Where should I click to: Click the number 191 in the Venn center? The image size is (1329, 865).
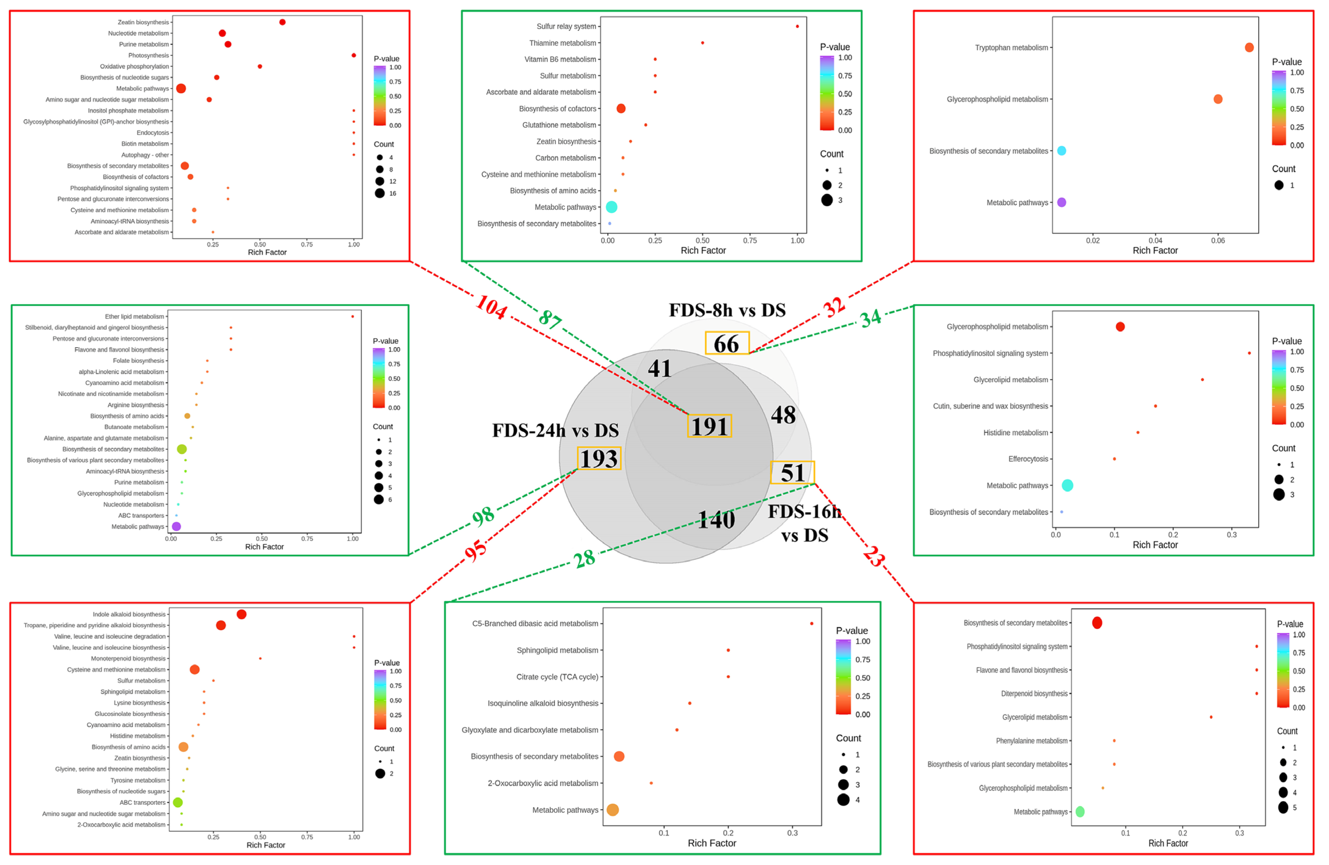point(709,426)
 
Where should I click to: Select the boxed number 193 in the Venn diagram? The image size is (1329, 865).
point(599,459)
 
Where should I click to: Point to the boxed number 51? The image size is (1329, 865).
point(793,473)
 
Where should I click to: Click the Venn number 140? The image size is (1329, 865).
point(717,520)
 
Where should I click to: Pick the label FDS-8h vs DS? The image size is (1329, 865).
point(727,310)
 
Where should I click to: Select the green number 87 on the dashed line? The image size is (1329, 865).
point(550,319)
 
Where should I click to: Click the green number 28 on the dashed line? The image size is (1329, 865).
point(584,559)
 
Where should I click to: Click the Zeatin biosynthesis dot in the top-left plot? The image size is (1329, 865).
point(283,22)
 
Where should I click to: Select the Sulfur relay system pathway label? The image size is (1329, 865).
point(566,26)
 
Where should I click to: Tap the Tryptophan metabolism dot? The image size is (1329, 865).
point(1249,48)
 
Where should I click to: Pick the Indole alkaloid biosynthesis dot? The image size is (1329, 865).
point(241,615)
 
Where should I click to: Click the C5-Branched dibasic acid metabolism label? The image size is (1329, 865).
point(535,624)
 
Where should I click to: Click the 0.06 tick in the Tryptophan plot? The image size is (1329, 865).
point(1218,241)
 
